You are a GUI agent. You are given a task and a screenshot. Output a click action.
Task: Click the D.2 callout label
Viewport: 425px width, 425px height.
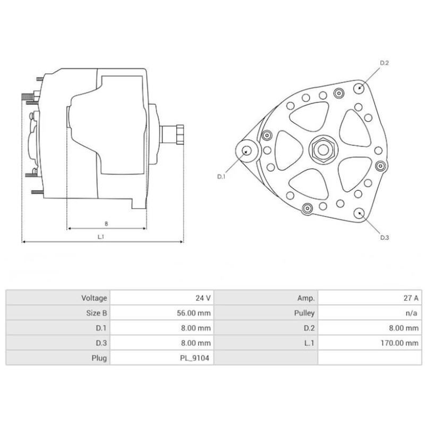click(x=385, y=64)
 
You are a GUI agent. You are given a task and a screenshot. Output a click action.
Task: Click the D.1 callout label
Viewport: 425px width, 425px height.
click(x=222, y=177)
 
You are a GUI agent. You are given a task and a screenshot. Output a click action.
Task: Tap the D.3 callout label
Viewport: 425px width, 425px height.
click(x=385, y=237)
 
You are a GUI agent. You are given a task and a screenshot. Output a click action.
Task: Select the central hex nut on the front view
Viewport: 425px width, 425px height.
click(x=321, y=148)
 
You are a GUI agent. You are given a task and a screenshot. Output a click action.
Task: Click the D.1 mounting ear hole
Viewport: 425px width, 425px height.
click(x=246, y=150)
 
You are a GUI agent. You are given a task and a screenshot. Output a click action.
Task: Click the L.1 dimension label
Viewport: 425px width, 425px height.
click(x=101, y=236)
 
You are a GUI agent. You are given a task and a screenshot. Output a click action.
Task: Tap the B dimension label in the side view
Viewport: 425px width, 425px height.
click(x=106, y=223)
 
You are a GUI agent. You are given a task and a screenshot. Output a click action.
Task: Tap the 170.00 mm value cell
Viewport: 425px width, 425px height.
click(x=401, y=343)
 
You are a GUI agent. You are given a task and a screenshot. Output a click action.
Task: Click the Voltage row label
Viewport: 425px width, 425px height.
click(x=94, y=299)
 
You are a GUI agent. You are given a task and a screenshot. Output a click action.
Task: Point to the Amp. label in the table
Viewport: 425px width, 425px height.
click(x=307, y=299)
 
